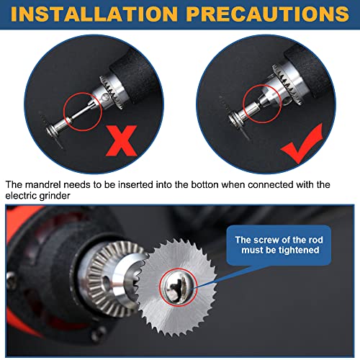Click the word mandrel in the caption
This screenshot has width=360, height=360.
[46, 185]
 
